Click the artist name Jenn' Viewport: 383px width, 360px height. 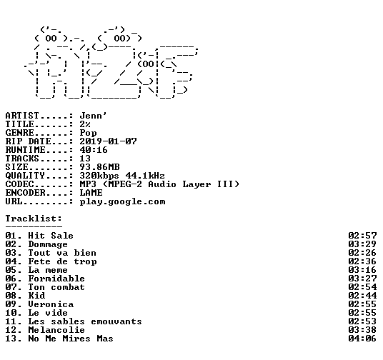[93, 116]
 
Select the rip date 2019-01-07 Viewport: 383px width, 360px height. [108, 141]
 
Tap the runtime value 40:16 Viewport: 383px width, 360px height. [94, 150]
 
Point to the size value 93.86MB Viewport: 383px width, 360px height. [99, 167]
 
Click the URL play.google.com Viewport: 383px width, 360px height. [123, 202]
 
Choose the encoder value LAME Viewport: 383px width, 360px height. [91, 193]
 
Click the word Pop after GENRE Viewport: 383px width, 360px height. [88, 134]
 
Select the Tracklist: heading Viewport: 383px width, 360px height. [34, 219]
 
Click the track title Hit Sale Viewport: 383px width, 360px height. [51, 236]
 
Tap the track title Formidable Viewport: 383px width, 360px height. [56, 279]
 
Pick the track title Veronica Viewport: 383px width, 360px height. [51, 304]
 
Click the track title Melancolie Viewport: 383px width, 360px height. [56, 330]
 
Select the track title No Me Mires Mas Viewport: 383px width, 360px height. [71, 339]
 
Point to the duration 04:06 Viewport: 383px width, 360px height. [362, 339]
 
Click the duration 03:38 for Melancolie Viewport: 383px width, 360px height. [362, 330]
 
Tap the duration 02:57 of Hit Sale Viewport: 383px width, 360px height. [362, 236]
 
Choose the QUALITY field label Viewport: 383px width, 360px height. [25, 176]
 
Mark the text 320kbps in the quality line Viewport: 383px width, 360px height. [99, 176]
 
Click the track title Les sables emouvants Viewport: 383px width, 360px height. [85, 321]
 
